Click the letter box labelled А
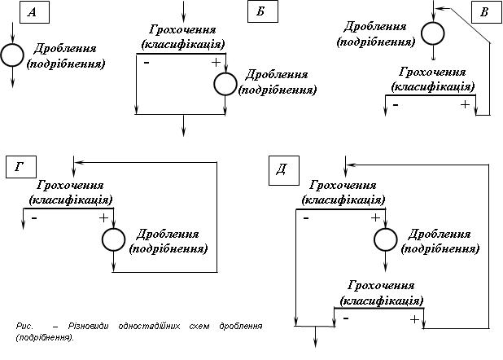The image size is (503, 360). [32, 12]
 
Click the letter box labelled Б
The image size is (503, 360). [260, 12]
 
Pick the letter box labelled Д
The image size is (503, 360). [281, 169]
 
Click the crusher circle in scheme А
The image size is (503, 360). [12, 55]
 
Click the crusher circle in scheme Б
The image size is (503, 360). [224, 83]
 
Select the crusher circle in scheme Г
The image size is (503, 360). [114, 239]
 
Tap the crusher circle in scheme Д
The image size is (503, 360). [386, 239]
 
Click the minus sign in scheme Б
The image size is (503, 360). [146, 63]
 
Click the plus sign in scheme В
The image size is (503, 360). [465, 104]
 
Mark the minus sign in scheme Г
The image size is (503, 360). [34, 217]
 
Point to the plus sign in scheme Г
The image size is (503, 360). [103, 217]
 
